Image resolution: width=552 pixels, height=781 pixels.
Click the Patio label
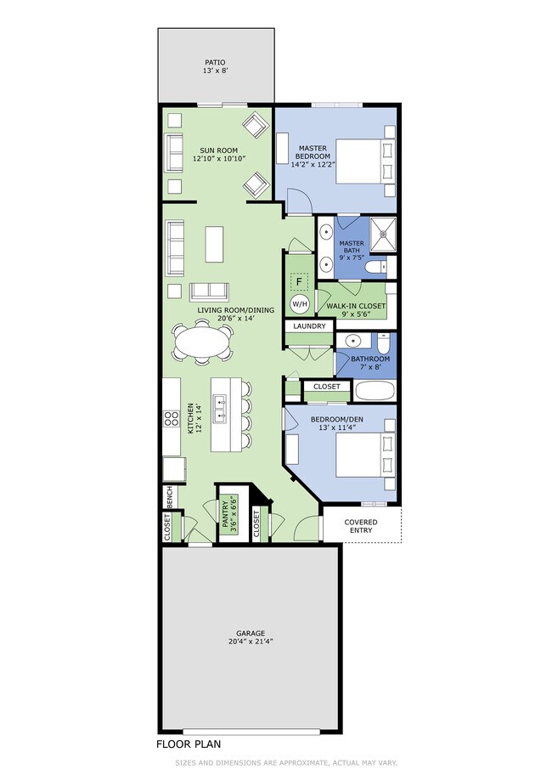[215, 62]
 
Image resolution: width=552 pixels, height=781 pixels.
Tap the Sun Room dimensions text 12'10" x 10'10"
[219, 158]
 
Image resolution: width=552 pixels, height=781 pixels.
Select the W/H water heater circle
[300, 303]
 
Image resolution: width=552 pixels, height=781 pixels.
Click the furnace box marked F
[299, 282]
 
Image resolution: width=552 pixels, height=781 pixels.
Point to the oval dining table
[202, 342]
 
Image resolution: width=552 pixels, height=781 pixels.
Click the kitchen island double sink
[219, 409]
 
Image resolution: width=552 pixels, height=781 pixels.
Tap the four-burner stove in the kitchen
[172, 418]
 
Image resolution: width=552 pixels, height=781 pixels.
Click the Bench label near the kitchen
[169, 497]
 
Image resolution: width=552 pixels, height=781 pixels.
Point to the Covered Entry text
[361, 526]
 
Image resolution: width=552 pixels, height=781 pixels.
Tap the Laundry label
[309, 326]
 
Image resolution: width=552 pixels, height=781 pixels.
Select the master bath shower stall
[383, 235]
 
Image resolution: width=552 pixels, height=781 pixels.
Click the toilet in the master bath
[376, 268]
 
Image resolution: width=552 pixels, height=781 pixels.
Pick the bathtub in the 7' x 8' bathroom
[375, 391]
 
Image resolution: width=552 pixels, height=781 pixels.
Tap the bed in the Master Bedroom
[366, 161]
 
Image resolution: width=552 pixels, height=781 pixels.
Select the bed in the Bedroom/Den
[366, 455]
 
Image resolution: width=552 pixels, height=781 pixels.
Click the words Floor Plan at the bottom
[189, 744]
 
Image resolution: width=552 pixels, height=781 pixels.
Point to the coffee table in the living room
[214, 244]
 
